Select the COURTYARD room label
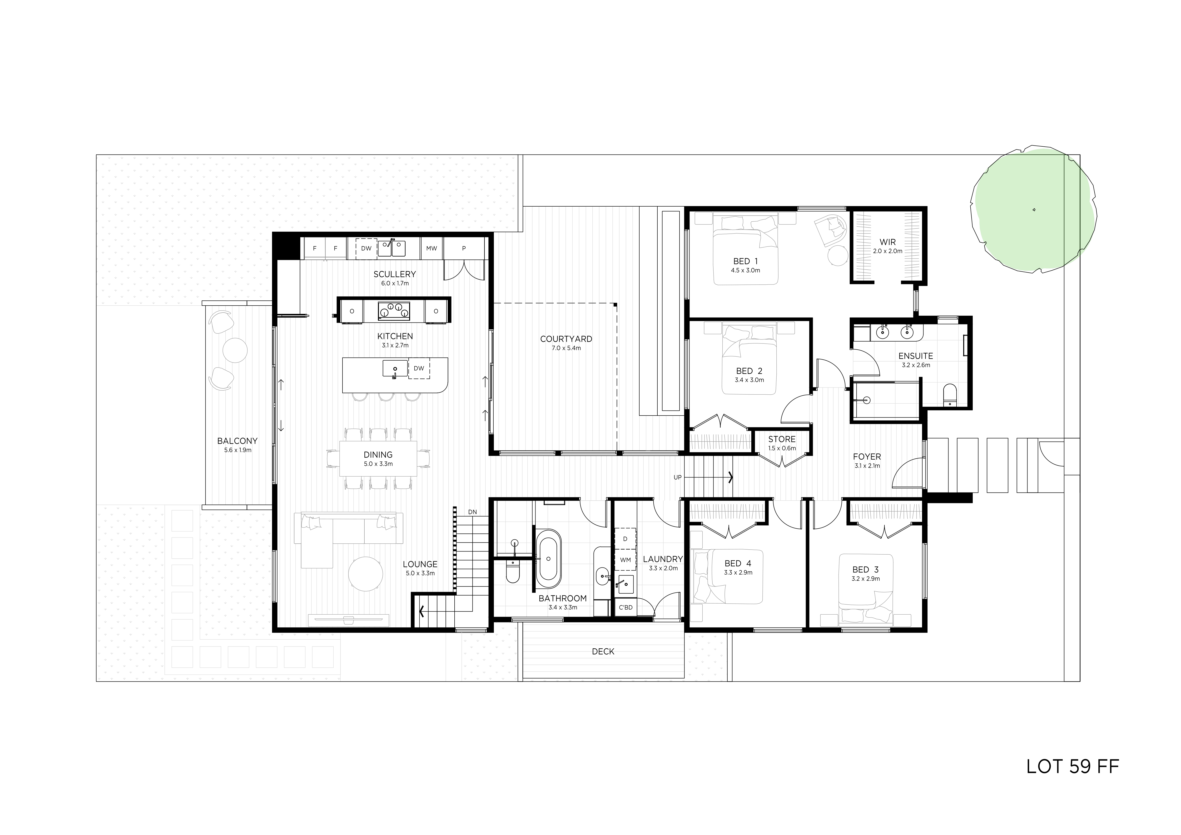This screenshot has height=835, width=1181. [566, 339]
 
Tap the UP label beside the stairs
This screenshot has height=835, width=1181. [677, 477]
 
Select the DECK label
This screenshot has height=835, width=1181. [603, 651]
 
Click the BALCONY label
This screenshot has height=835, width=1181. [237, 441]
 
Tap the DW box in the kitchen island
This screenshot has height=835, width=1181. [419, 368]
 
